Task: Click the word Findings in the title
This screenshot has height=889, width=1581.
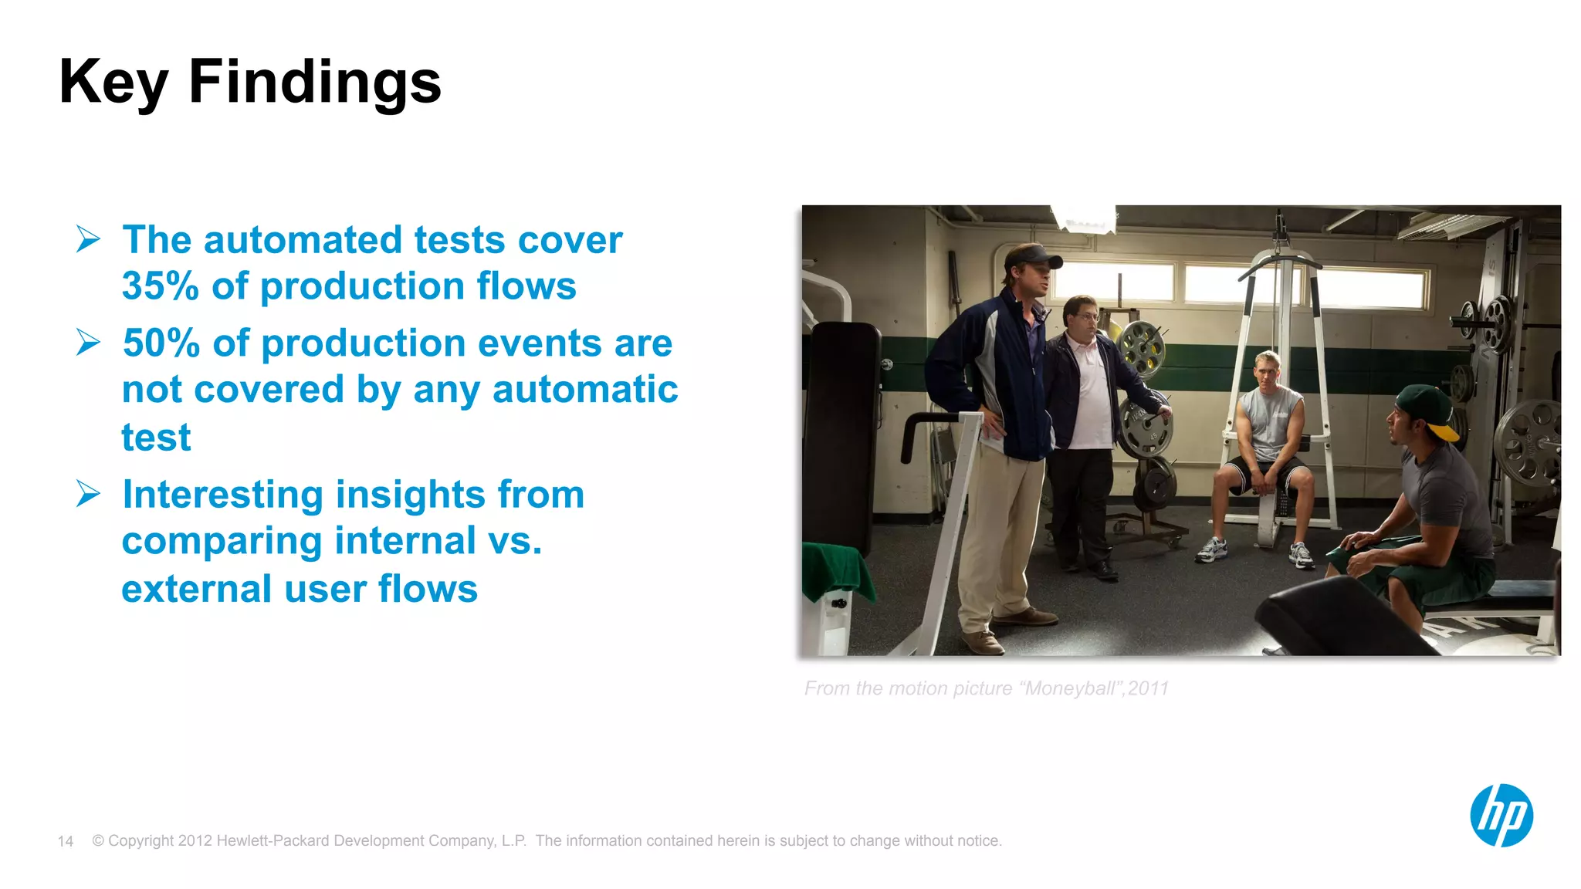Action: pos(314,82)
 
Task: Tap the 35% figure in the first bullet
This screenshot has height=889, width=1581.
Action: pos(161,286)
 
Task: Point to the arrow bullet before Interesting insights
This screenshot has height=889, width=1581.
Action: pos(88,494)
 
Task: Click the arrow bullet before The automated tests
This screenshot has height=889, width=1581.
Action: pos(88,239)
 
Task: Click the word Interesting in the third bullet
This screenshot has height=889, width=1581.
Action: pos(222,495)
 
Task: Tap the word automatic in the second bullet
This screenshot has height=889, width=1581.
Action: pos(584,390)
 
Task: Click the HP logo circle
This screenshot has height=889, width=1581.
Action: pos(1501,816)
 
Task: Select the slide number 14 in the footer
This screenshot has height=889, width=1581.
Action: pos(66,841)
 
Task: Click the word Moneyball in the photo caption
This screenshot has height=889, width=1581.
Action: pos(1068,688)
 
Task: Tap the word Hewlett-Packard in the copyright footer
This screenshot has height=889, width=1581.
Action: pos(273,840)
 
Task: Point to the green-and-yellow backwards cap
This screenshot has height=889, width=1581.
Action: pos(1428,409)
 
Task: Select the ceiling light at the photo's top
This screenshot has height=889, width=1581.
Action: pos(1085,218)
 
